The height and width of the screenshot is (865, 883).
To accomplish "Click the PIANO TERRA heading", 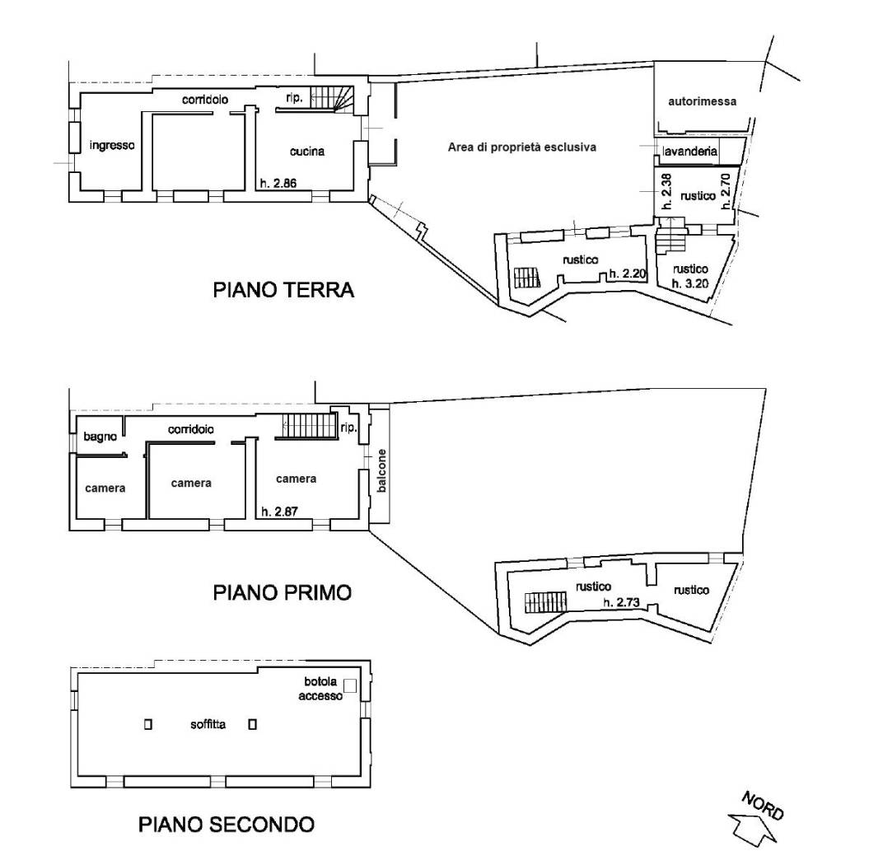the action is [283, 290].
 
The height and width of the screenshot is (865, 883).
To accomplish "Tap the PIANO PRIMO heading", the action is [283, 592].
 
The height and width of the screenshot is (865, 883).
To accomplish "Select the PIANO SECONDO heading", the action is [227, 825].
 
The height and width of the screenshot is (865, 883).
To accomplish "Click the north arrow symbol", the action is [752, 828].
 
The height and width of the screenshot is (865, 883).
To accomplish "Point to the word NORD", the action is [763, 806].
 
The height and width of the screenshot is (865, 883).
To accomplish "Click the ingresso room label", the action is [112, 145].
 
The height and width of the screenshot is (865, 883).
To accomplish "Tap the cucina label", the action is [307, 151].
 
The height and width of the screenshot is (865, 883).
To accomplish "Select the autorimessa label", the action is [703, 101].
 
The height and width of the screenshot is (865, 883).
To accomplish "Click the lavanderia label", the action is [690, 151].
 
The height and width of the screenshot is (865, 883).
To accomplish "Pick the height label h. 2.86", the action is [278, 183].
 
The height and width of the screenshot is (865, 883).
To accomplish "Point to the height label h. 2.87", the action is [279, 512].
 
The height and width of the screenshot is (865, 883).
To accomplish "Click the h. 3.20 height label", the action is [690, 283].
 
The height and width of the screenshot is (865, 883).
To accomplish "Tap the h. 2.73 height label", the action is [622, 602].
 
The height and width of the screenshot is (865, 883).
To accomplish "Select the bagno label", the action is [100, 437].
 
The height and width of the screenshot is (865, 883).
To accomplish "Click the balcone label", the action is [382, 470].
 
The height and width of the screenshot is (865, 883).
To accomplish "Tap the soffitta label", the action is [208, 724].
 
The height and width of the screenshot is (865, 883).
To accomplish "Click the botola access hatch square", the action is [350, 685].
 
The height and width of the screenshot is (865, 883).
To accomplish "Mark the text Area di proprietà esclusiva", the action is [522, 147].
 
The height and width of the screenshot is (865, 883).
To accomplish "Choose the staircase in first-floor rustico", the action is [545, 602].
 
